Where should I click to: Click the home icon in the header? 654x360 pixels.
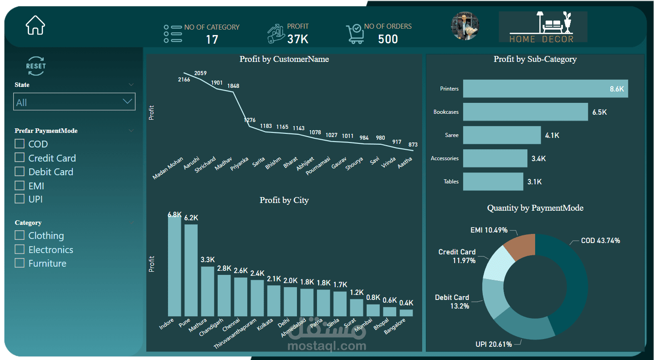coord(36,25)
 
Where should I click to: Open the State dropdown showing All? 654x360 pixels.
coord(74,101)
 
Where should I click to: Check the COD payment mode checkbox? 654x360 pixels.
coord(20,143)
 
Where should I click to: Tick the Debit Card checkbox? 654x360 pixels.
coord(20,171)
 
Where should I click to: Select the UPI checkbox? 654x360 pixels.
coord(20,199)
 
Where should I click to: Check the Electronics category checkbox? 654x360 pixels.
coord(20,249)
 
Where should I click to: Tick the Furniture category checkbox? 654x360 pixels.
coord(20,263)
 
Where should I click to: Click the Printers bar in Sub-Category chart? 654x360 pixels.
coord(546,89)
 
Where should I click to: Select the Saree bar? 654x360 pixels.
coord(502,135)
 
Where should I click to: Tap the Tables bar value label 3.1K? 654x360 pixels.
coord(534,182)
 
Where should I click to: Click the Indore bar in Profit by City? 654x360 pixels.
coord(174,266)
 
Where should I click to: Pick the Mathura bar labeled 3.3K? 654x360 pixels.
coord(208,291)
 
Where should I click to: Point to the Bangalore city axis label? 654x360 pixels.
coord(395,326)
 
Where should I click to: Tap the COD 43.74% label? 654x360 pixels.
coord(600,241)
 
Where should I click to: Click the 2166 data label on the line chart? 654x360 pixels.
coord(184,79)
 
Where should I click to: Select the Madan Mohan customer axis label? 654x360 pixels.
coord(168,168)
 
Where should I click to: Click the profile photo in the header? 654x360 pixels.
coord(465,26)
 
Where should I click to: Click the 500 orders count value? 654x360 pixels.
coord(388,39)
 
